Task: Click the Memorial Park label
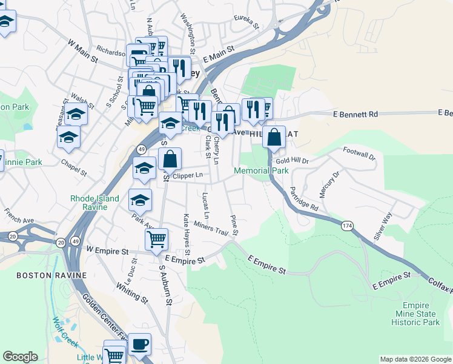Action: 262,171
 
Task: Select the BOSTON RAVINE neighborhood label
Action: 51,275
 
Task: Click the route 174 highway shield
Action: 347,226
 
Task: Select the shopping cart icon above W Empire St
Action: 157,240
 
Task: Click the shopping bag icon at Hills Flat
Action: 274,138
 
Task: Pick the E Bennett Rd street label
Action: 355,114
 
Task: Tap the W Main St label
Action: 82,51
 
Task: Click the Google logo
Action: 20,357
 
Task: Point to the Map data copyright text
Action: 416,359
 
